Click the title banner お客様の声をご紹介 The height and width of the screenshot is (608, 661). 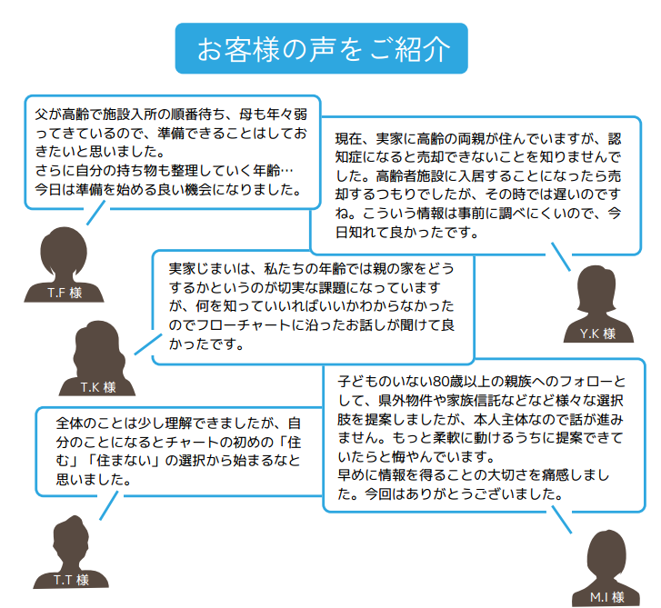321,48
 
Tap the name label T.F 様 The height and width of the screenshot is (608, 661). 65,293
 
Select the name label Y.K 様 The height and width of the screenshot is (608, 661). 597,334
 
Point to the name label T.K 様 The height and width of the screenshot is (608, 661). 98,387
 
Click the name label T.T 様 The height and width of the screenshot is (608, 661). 71,580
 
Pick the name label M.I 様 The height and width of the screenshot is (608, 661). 607,597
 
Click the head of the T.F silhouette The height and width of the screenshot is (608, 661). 64,251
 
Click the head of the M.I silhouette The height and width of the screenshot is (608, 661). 606,553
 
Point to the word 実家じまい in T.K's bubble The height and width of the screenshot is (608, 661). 203,268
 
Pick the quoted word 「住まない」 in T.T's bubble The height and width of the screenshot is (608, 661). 124,461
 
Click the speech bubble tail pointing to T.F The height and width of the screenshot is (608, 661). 95,213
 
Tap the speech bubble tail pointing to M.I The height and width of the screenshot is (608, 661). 562,520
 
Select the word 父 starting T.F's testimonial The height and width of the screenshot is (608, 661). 41,115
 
